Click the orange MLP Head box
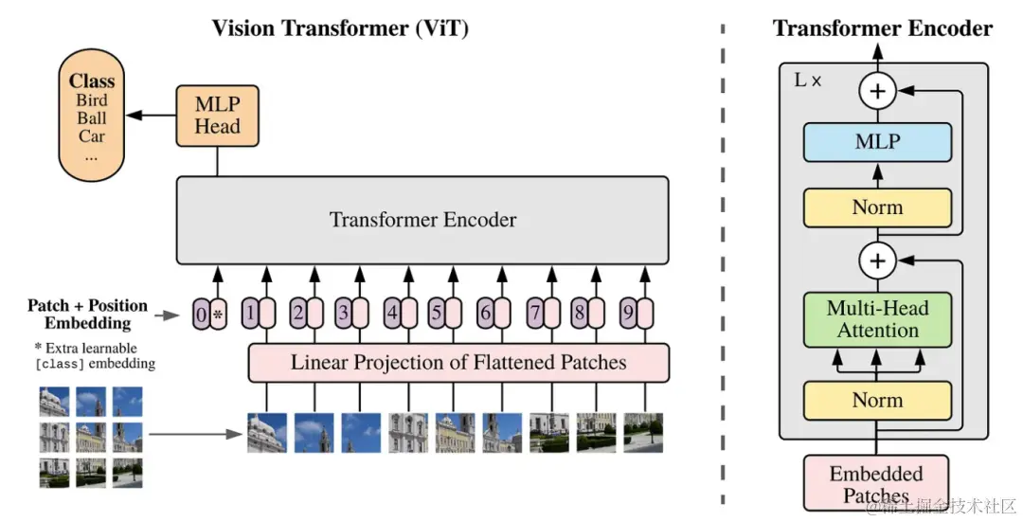(x=217, y=116)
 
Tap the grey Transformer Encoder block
(x=422, y=220)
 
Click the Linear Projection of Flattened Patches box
(x=458, y=362)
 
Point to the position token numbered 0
(x=201, y=313)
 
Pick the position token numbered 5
(x=437, y=313)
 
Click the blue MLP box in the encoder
(x=877, y=142)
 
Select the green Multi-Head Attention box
(x=877, y=318)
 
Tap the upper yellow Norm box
(x=877, y=207)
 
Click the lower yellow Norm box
(x=877, y=401)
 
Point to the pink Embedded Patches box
(x=876, y=483)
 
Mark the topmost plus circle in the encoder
(x=877, y=91)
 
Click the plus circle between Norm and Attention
(x=877, y=259)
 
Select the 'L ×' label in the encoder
(x=807, y=81)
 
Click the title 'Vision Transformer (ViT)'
(x=340, y=27)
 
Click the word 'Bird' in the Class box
(x=92, y=100)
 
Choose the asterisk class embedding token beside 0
(x=218, y=313)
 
